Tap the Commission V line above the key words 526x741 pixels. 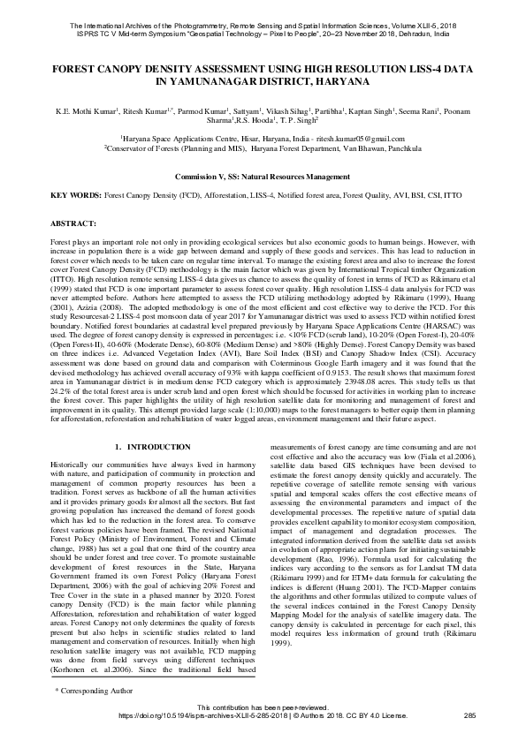tap(263, 177)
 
